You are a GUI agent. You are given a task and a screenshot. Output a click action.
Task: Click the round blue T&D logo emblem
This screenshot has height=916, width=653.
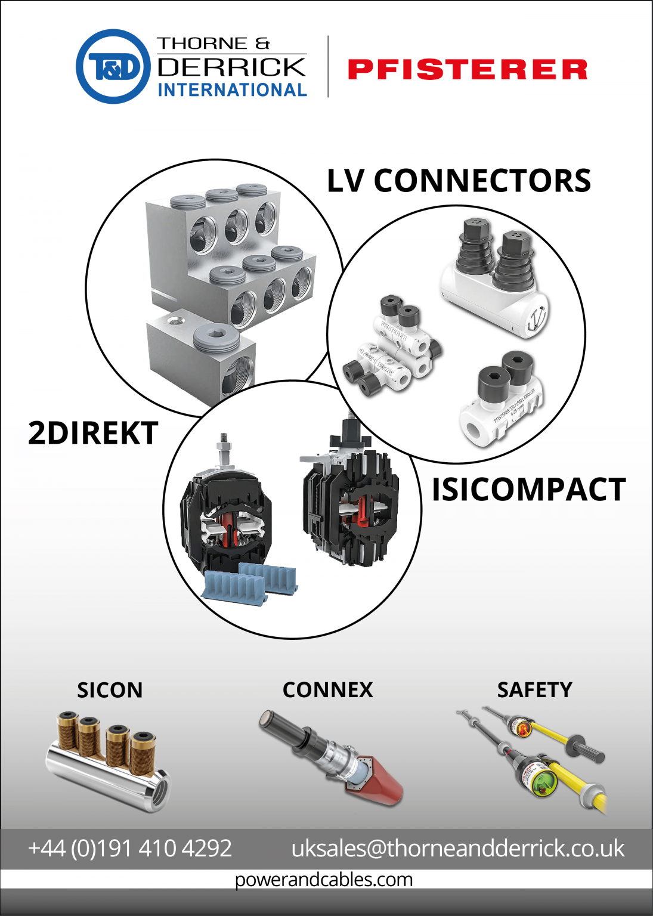tap(113, 67)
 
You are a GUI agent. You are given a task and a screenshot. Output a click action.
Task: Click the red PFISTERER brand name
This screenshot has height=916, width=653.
tap(468, 69)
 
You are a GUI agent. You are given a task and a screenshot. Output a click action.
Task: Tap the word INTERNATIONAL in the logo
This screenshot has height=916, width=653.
tap(232, 90)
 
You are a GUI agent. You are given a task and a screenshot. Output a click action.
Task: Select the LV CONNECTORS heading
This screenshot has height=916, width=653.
tap(459, 181)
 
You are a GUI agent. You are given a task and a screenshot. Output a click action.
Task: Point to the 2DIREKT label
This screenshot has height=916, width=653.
tap(93, 433)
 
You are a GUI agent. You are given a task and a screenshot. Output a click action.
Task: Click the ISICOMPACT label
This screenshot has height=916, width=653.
tap(528, 490)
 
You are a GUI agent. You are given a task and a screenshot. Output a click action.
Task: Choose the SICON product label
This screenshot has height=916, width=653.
tap(110, 690)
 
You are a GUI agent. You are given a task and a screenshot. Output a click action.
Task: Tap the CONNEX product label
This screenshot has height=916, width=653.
tap(327, 690)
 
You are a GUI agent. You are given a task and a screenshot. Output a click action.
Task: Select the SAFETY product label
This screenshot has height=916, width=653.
tap(534, 690)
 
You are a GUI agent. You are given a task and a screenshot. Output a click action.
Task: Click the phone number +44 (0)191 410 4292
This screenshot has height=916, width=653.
tap(130, 848)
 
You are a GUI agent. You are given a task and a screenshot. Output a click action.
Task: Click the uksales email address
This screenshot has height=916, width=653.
tap(457, 848)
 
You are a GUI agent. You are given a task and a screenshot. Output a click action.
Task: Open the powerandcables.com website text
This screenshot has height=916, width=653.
tap(324, 880)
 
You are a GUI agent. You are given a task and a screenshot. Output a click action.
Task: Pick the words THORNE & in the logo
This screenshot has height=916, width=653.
tap(213, 44)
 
